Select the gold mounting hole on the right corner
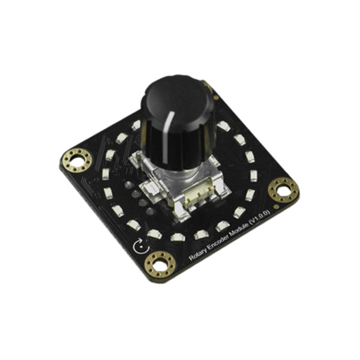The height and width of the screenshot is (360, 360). [x=283, y=190]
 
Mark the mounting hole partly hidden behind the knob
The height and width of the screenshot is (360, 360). [x=209, y=89]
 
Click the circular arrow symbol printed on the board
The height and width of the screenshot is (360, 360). [x=139, y=247]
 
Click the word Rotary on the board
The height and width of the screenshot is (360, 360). [x=197, y=254]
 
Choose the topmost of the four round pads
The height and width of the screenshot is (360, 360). [x=127, y=186]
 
